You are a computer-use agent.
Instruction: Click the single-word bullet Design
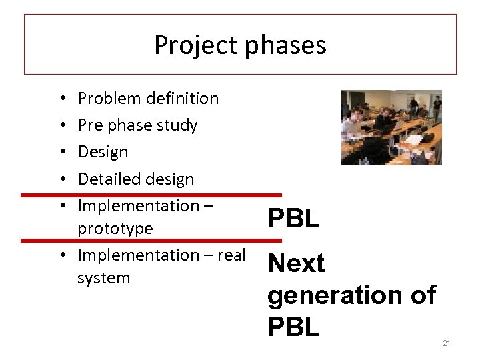coord(103,152)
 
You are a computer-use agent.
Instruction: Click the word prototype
coord(115,229)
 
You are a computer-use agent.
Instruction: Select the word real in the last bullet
coord(230,255)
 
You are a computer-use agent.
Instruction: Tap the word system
coord(103,277)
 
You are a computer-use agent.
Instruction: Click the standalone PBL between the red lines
coord(293,218)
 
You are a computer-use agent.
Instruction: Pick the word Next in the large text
coord(296,264)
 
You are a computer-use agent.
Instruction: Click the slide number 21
coord(447,343)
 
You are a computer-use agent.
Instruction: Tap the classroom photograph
coord(391,127)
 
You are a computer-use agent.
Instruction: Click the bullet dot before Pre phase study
coord(61,125)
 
